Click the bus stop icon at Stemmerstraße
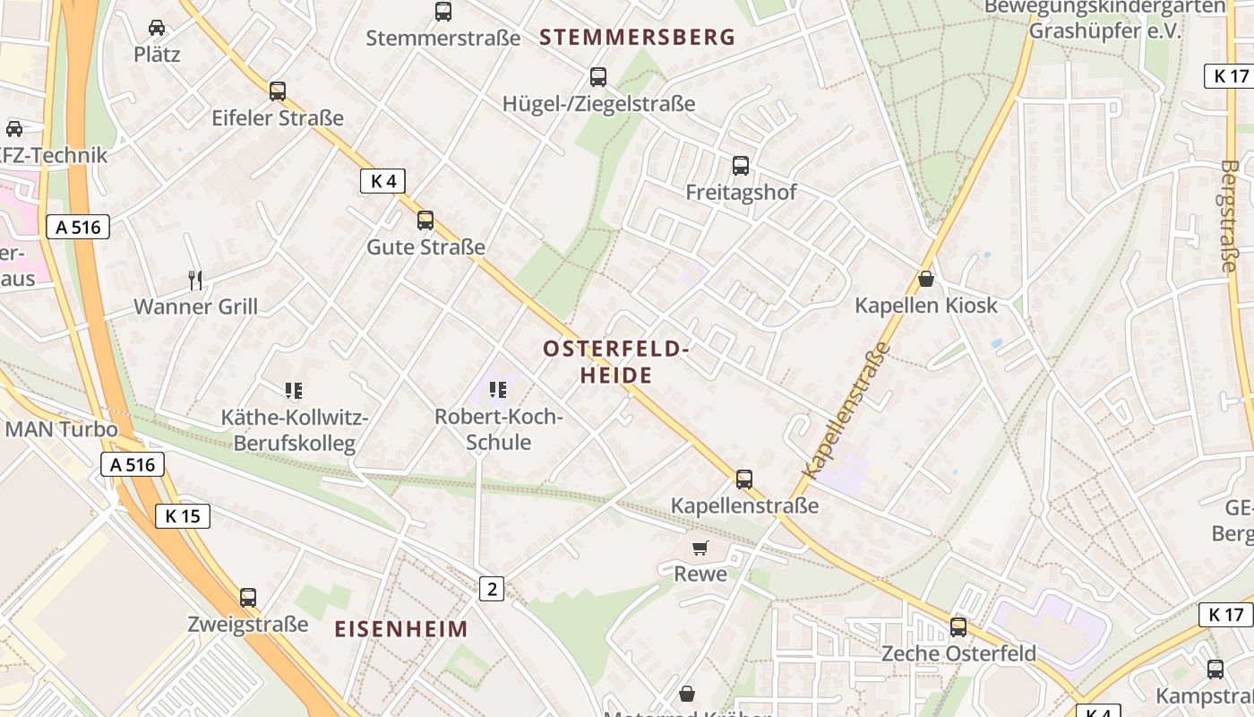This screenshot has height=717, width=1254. pos(443,12)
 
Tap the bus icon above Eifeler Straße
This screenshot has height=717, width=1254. pos(278,91)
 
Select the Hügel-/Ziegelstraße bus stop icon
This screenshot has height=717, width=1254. pos(598,77)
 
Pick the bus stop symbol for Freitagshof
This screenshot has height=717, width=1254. pos(741,165)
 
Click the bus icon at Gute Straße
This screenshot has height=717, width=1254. pos(425,220)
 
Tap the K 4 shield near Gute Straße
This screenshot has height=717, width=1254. pos(382,181)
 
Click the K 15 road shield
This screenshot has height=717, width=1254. pos(183,515)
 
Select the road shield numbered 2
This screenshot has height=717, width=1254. pos(491,589)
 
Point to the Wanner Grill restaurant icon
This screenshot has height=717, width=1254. pos(195,281)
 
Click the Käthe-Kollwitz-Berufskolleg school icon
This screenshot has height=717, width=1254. pos(294,390)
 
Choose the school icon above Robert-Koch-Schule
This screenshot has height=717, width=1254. pos(498,390)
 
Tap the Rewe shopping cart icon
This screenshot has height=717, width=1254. pos(700,548)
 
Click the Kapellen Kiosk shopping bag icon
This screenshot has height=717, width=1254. pos(926,279)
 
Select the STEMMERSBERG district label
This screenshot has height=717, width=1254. pos(638,38)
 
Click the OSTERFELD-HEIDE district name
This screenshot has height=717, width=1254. pos(616,362)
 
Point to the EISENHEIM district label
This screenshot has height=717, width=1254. pos(401,629)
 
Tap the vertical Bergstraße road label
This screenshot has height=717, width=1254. pos(1229,215)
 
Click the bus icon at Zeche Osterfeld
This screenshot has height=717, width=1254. pos(958,626)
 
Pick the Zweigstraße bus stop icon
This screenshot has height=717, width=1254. pos(248,597)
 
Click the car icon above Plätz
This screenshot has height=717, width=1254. pos(157,27)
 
